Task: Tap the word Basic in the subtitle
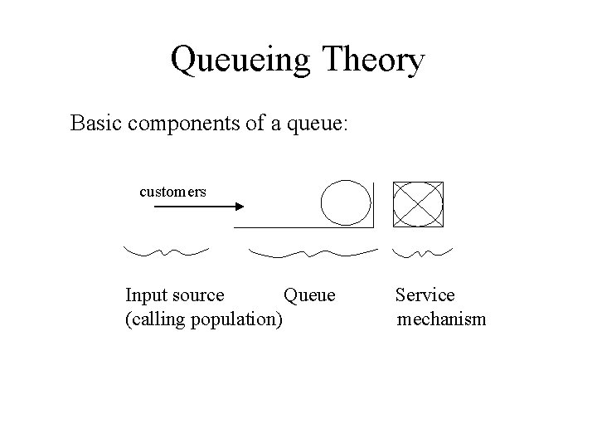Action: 95,124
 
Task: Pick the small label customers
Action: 172,192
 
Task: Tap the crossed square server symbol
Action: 418,203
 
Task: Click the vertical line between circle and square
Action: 374,205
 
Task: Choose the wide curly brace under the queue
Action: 313,251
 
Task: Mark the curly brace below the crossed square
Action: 422,251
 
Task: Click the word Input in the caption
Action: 143,295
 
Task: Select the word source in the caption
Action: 195,295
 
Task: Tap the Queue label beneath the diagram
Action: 309,295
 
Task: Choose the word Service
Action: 425,295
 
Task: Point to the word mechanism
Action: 441,320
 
